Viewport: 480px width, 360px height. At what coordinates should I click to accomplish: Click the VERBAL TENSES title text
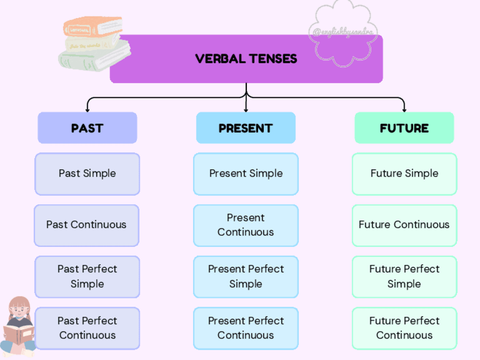point(246,59)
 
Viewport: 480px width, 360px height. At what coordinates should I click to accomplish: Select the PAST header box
point(87,128)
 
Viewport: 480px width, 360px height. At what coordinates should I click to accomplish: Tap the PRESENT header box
point(246,128)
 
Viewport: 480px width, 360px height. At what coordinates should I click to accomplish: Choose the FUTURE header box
point(404,128)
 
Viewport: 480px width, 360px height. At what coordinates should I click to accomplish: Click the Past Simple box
point(87,174)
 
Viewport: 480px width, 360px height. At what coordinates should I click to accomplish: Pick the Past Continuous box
point(87,225)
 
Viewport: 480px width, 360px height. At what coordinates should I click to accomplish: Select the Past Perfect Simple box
point(87,277)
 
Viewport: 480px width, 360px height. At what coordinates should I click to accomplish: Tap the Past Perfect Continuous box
point(87,328)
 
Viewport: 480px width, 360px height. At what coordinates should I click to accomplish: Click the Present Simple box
point(246,174)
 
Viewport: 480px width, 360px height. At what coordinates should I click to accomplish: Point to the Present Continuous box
point(246,225)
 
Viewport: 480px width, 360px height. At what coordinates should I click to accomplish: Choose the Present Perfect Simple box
point(246,277)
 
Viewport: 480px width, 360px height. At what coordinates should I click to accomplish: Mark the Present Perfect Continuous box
point(246,328)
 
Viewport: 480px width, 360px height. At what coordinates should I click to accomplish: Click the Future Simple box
point(404,174)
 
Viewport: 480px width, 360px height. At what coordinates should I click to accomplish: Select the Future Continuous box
point(404,225)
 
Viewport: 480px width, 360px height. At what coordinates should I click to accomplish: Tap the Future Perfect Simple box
point(404,277)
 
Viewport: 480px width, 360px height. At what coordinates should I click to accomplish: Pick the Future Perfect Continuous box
point(404,328)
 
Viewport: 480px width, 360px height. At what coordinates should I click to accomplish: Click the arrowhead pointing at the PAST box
point(87,108)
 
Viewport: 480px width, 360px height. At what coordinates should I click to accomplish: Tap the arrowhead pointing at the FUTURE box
point(404,108)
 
